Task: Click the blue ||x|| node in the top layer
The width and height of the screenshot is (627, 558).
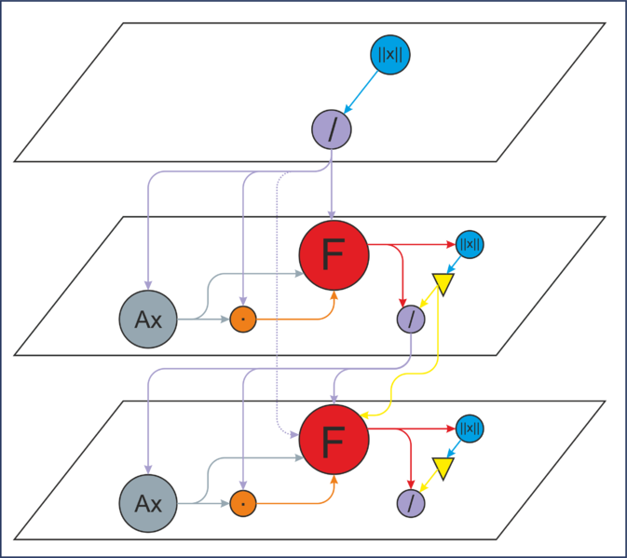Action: (x=389, y=55)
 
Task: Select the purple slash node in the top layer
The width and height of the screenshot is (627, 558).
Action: (x=332, y=129)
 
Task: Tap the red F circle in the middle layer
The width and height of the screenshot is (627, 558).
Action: (x=334, y=255)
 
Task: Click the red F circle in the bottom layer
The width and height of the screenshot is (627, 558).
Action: (x=334, y=440)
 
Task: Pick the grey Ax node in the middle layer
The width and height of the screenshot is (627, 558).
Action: (x=148, y=319)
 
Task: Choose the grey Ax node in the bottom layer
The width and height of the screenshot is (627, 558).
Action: (x=148, y=503)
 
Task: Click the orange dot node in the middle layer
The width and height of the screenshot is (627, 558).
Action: (x=243, y=319)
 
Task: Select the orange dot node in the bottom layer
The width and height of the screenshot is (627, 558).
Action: (x=243, y=503)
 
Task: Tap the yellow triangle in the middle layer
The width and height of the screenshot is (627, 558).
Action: (x=443, y=283)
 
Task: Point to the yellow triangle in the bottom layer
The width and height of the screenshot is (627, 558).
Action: (x=443, y=468)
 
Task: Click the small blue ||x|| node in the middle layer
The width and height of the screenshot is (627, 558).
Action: (x=470, y=244)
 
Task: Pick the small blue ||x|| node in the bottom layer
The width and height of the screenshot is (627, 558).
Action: (x=470, y=429)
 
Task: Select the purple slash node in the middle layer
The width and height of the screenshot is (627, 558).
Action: (x=411, y=319)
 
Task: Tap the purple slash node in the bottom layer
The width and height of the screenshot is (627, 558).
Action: (x=411, y=503)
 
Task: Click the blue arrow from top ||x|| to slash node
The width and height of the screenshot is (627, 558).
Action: (x=361, y=92)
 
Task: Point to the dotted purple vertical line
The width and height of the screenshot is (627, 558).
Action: (x=277, y=304)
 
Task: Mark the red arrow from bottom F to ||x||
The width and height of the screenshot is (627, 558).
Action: (x=412, y=429)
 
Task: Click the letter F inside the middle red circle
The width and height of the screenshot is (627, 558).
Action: (x=334, y=254)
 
